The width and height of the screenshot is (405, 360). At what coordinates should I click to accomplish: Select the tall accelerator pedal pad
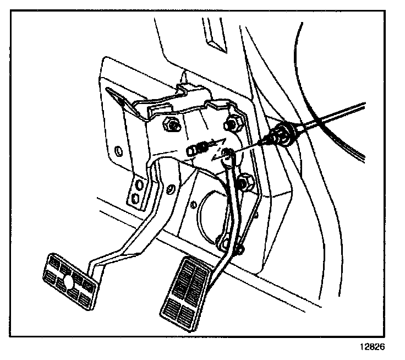[x=185, y=293]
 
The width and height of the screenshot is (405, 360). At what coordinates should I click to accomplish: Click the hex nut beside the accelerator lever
[x=243, y=181]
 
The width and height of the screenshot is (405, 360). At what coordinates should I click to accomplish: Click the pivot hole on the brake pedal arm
[x=171, y=190]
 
